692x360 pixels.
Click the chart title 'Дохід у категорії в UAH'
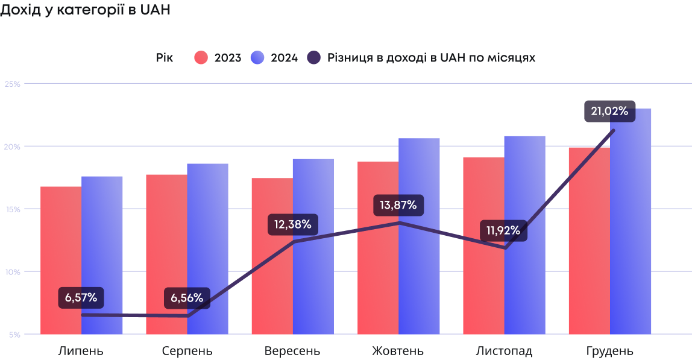(x=86, y=11)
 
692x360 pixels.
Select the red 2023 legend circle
(x=201, y=58)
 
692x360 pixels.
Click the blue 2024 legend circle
(x=257, y=58)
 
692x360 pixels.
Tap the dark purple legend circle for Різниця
(x=314, y=58)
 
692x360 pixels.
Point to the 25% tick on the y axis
(x=13, y=84)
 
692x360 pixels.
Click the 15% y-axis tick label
(x=13, y=209)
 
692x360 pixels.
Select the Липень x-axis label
(x=81, y=351)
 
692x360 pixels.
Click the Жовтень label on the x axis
(x=398, y=351)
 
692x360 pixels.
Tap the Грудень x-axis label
(x=609, y=351)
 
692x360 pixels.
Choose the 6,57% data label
(x=81, y=298)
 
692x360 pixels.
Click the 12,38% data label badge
(x=293, y=225)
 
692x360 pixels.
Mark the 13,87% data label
(x=398, y=205)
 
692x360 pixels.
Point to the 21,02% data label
(x=609, y=111)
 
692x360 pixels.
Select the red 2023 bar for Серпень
(x=166, y=253)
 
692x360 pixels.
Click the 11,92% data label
(x=504, y=230)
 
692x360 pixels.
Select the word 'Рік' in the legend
(x=164, y=58)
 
